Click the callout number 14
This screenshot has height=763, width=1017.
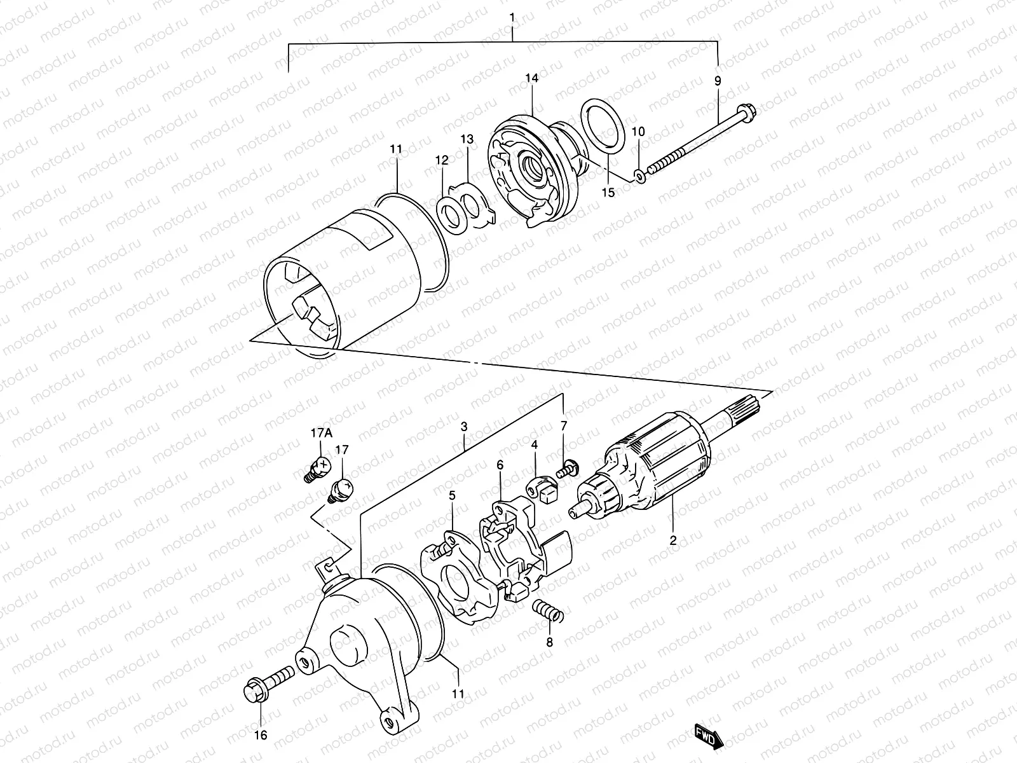point(531,78)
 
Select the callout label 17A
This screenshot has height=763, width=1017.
point(321,434)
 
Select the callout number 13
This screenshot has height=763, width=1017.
point(467,139)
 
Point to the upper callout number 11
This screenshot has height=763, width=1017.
point(396,149)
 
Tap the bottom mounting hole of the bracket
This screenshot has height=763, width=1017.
point(385,722)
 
